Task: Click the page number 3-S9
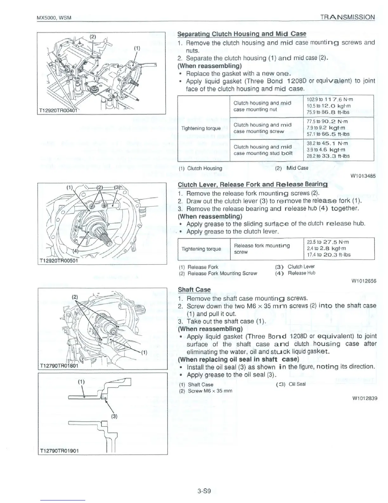[204, 492]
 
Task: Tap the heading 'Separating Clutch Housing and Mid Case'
[242, 34]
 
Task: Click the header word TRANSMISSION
[347, 17]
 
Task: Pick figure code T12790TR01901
[60, 451]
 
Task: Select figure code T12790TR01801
[60, 366]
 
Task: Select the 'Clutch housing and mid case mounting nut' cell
[262, 106]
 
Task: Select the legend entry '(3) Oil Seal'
[291, 384]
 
